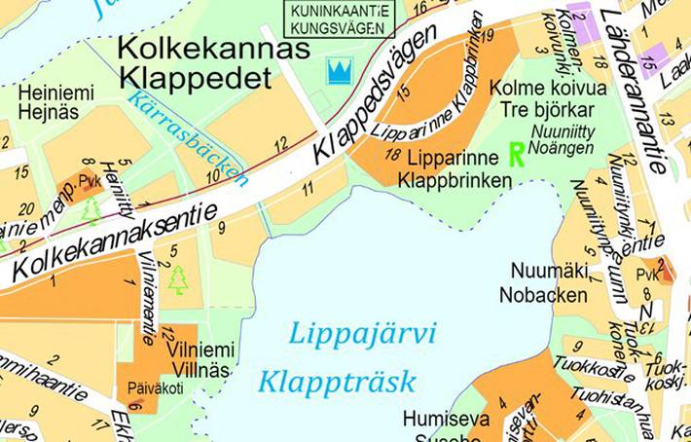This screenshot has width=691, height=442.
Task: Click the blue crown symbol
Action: (339, 71)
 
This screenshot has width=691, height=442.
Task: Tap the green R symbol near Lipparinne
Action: (517, 154)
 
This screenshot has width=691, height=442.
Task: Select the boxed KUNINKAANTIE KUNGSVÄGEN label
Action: (335, 18)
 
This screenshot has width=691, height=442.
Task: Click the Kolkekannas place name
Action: (213, 49)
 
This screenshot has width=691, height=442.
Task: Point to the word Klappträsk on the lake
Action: (337, 380)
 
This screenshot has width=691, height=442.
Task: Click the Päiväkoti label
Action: (154, 387)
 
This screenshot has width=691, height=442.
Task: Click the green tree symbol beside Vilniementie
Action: (178, 279)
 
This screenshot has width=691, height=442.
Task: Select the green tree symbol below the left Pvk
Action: (91, 210)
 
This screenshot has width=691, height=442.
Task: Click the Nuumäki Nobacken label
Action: (543, 282)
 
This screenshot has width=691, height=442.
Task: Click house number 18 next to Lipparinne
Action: (392, 154)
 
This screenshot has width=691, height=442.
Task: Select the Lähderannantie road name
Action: (634, 88)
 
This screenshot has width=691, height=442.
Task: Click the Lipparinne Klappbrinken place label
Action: (454, 168)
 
